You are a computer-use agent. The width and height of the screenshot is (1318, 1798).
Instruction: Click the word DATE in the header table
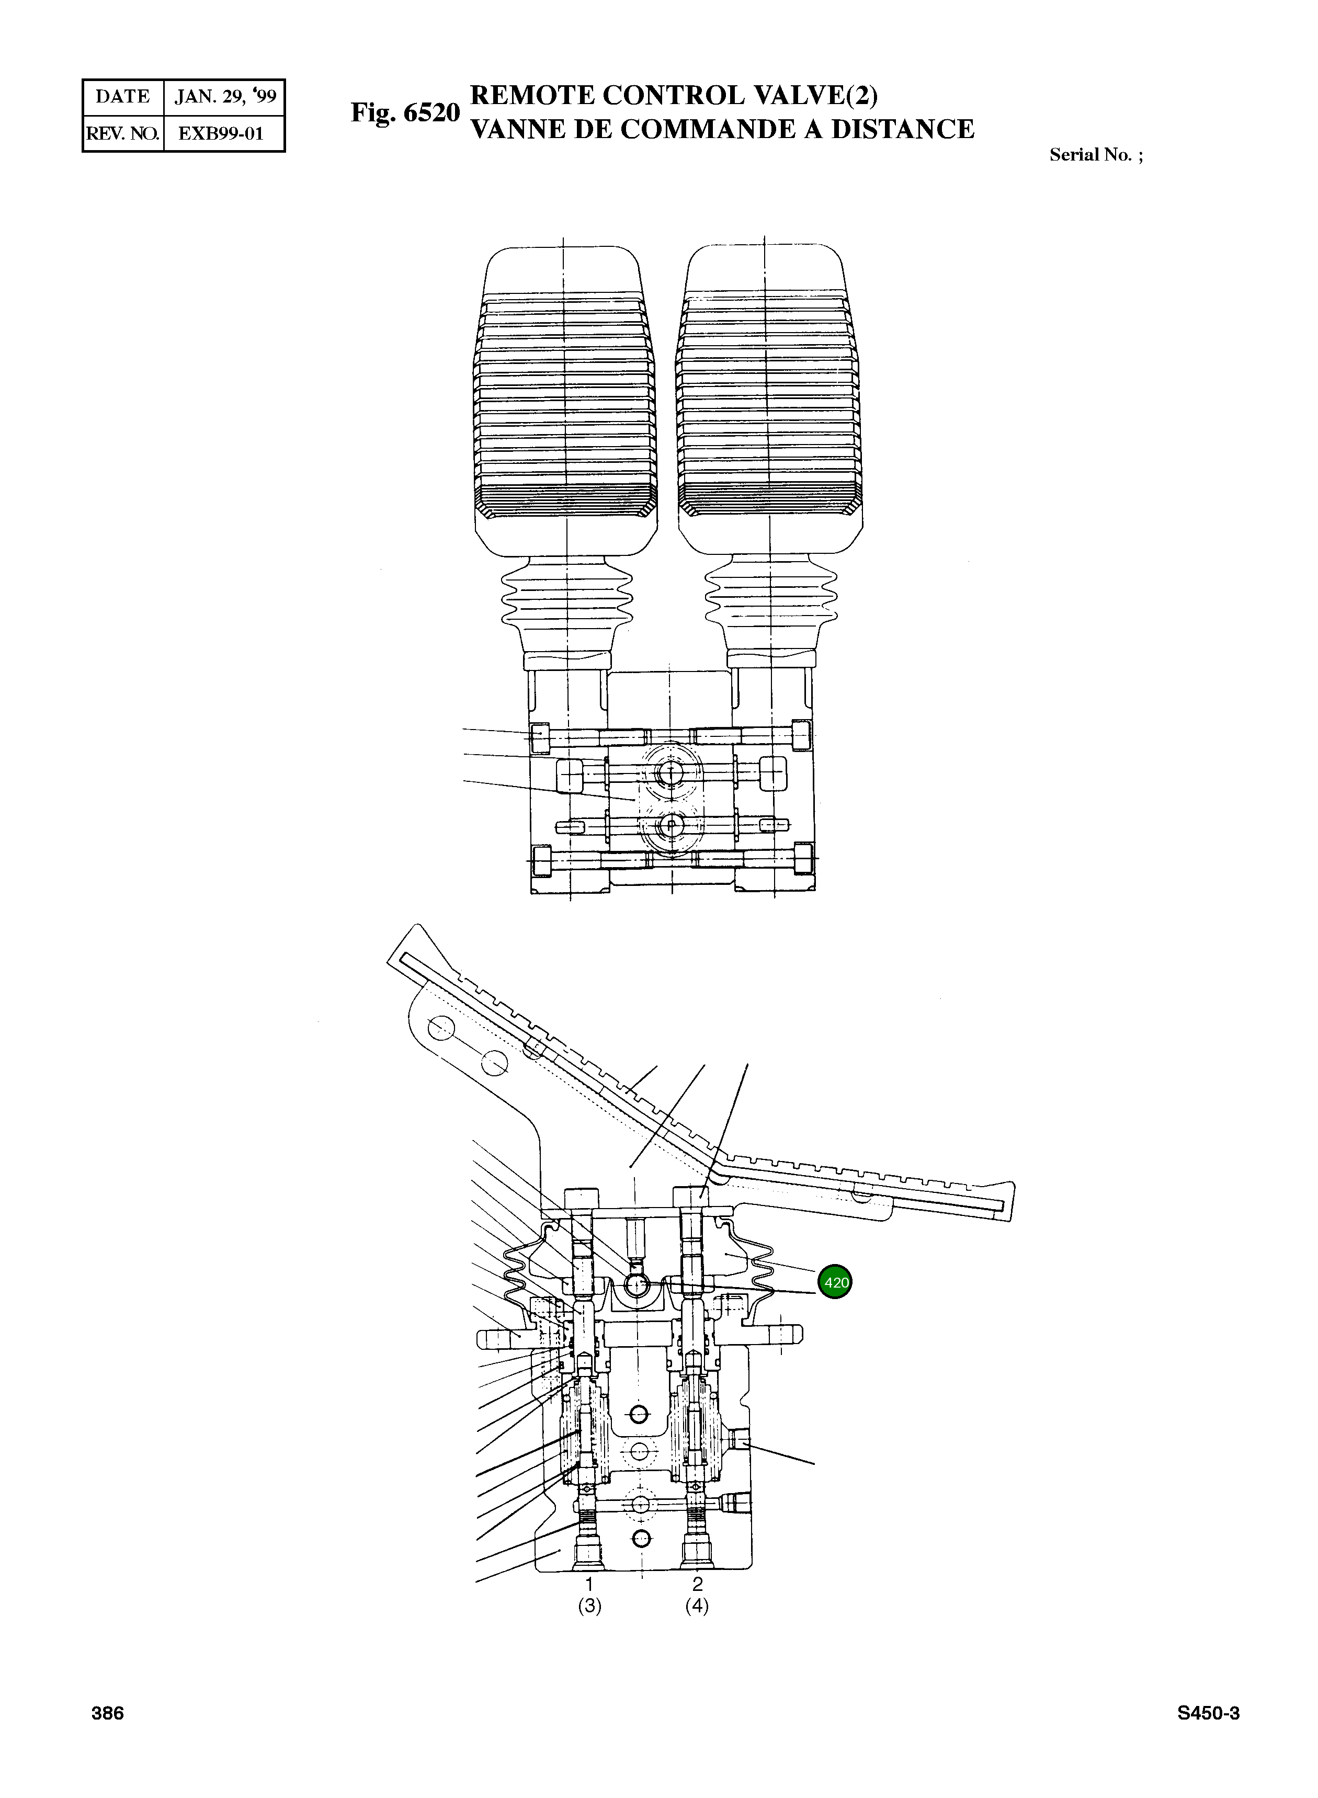(x=122, y=97)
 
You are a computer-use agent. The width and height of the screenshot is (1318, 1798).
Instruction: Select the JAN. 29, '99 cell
(x=225, y=97)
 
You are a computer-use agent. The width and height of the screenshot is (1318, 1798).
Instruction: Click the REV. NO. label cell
(x=122, y=133)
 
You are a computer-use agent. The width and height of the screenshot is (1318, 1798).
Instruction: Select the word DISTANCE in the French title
(x=902, y=129)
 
